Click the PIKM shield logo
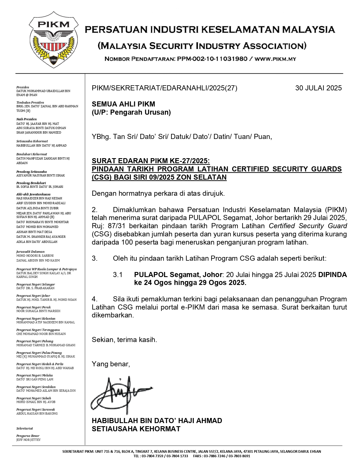point(54,40)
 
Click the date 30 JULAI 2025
point(318,88)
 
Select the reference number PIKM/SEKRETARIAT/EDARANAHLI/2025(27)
point(164,88)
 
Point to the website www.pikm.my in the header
point(276,59)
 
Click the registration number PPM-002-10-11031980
point(212,59)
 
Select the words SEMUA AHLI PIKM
point(123,104)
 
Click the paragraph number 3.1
point(117,275)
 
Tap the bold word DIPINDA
point(332,275)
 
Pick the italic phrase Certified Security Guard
point(307,226)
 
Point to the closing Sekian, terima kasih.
point(124,340)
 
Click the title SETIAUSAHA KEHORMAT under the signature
point(136,429)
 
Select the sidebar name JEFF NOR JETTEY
point(29,440)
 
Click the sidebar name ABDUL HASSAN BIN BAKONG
point(37,413)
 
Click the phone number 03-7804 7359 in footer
point(152,456)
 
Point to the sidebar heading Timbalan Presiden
point(30,103)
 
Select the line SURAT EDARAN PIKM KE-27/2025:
point(151,161)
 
